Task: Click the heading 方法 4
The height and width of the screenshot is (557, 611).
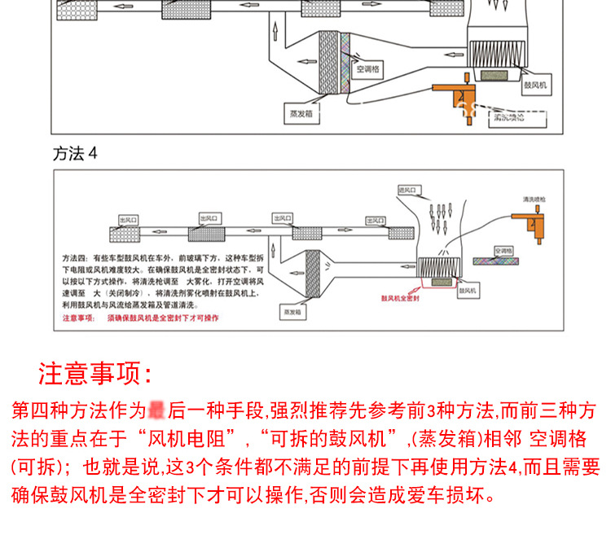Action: pos(75,153)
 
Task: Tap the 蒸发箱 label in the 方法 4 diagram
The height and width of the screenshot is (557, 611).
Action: pos(292,311)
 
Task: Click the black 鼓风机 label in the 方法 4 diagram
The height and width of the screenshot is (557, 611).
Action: pos(468,289)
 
